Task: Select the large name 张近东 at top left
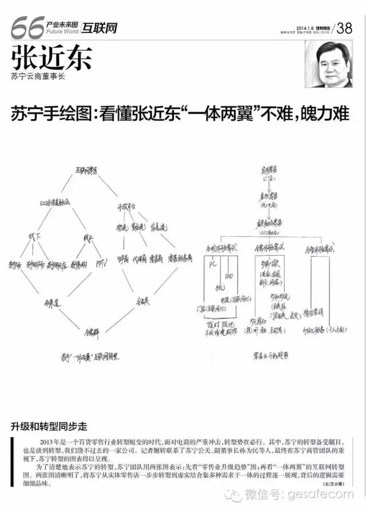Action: (x=51, y=58)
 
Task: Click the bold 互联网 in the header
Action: (x=99, y=27)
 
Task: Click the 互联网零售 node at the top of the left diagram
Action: (x=86, y=170)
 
